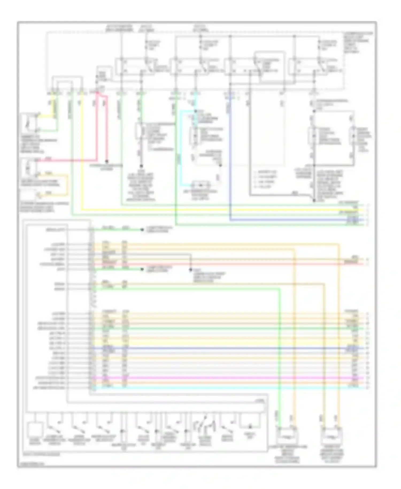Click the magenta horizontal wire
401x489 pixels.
point(227,378)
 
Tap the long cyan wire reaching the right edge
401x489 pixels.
point(227,387)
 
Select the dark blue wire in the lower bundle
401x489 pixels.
point(227,348)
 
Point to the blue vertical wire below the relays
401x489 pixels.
point(230,161)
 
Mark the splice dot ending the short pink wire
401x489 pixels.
point(107,162)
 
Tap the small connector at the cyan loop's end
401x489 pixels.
point(201,185)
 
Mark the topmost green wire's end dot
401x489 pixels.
point(142,230)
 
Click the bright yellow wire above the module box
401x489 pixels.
point(214,209)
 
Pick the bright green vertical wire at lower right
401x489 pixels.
point(280,348)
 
